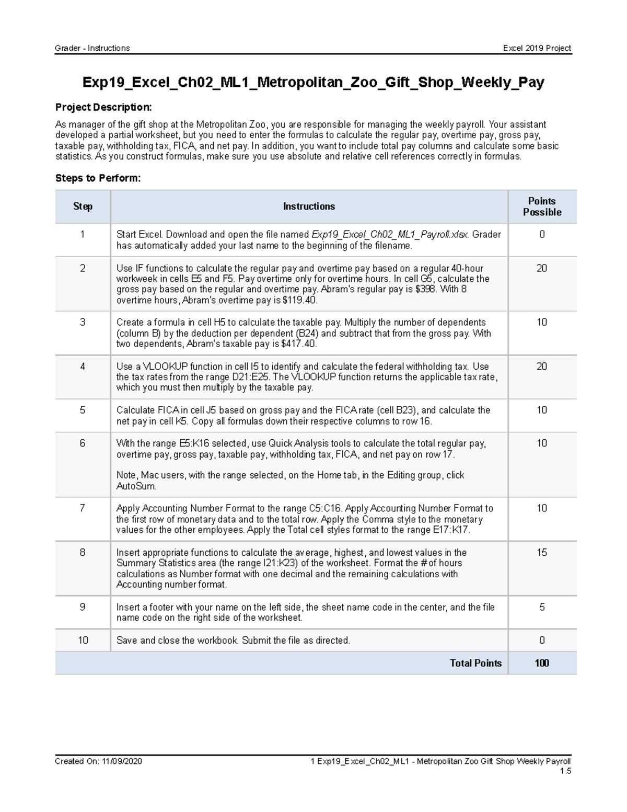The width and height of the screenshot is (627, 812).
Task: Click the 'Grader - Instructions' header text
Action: [92, 48]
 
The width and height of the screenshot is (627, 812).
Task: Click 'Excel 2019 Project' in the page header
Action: [537, 48]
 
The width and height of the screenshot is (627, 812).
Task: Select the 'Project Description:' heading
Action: [103, 107]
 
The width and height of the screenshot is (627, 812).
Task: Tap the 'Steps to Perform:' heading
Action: [98, 178]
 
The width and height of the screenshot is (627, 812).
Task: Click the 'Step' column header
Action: [83, 207]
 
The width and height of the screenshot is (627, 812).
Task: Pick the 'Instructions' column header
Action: [309, 207]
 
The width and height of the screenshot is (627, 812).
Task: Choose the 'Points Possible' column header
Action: [542, 207]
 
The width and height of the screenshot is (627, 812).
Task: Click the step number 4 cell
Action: [83, 367]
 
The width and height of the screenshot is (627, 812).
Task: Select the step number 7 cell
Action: [83, 508]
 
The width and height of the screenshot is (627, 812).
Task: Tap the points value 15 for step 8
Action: [542, 553]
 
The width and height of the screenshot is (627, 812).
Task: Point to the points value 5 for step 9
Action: [542, 607]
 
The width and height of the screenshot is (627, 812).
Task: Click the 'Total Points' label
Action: [475, 663]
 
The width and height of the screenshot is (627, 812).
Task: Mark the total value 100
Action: [542, 663]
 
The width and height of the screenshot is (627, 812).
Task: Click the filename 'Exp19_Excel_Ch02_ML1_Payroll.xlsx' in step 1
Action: [390, 234]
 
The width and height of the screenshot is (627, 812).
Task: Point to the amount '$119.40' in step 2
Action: [299, 301]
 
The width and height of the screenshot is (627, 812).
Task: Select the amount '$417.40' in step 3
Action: [298, 344]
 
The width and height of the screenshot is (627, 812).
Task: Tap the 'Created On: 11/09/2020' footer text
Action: [98, 761]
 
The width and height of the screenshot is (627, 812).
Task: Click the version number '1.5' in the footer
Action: [565, 771]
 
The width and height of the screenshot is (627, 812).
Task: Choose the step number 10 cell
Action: [83, 641]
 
